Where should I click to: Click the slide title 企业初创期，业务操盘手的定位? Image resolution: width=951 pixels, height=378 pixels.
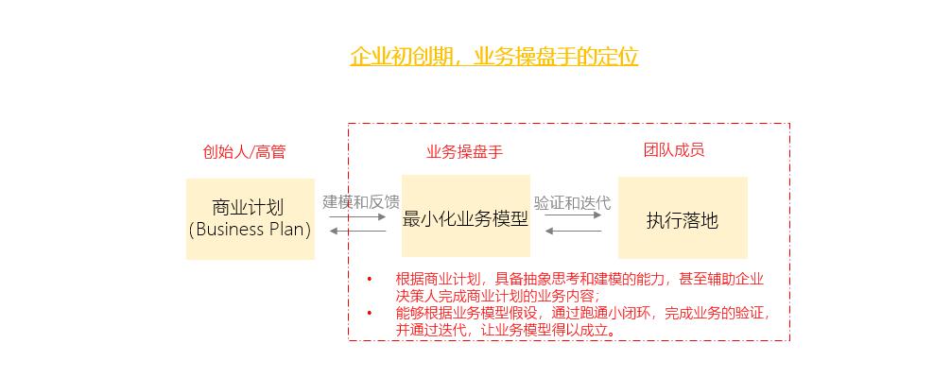point(493,57)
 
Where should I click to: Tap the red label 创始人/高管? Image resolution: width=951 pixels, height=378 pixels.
point(244,151)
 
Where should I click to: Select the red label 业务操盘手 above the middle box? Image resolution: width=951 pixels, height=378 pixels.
point(464,151)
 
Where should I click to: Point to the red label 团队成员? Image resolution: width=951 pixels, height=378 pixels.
point(674,150)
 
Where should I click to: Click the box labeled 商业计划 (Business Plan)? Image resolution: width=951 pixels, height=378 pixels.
point(250,218)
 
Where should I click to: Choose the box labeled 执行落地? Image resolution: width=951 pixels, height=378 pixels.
point(683,217)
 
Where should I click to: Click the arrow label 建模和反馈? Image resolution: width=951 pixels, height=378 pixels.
point(360,201)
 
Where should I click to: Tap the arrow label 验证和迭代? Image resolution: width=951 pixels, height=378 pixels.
point(572,202)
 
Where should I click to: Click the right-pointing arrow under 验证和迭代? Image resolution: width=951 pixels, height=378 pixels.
point(573,216)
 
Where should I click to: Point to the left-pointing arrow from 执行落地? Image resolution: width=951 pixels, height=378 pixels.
point(573,231)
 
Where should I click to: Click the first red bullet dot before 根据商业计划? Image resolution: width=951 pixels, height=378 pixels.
point(370,279)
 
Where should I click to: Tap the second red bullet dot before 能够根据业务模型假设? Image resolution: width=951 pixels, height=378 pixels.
point(370,313)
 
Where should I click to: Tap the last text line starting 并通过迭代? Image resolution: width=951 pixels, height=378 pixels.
point(506,330)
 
